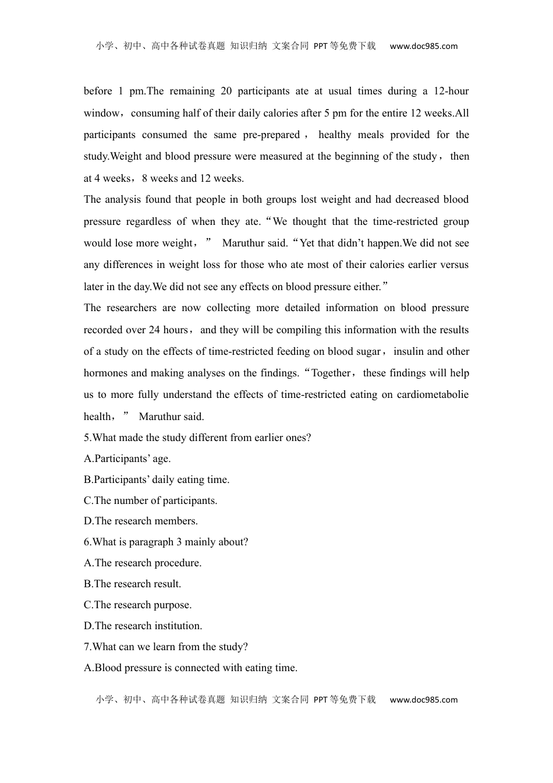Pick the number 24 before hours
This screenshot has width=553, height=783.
pos(154,330)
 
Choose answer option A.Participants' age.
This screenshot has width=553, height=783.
pos(127,459)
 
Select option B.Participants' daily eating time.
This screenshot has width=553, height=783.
pos(157,480)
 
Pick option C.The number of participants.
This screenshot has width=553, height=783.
pos(151,501)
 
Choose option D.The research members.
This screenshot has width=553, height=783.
pos(141,521)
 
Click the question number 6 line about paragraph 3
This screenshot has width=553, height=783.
pos(166,542)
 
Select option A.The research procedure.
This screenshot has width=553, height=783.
pos(143,563)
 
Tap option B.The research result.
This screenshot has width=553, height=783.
pos(133,584)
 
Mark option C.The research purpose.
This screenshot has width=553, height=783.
pos(138,605)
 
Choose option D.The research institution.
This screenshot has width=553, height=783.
pos(143,626)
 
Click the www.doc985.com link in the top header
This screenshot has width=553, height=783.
pos(424,47)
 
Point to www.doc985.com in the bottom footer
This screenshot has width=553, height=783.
pos(424,700)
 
